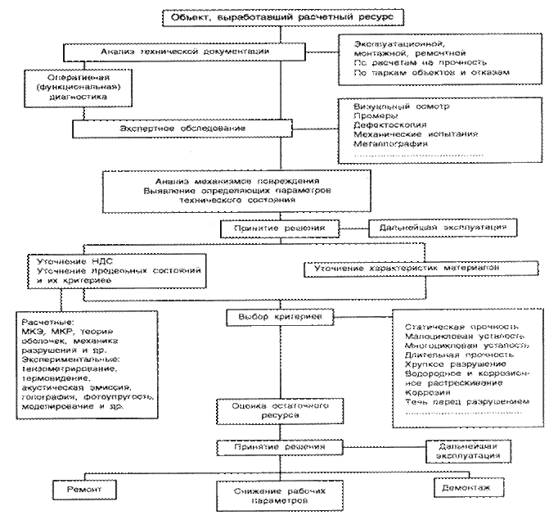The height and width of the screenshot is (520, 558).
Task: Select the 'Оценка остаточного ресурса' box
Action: (270, 410)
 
